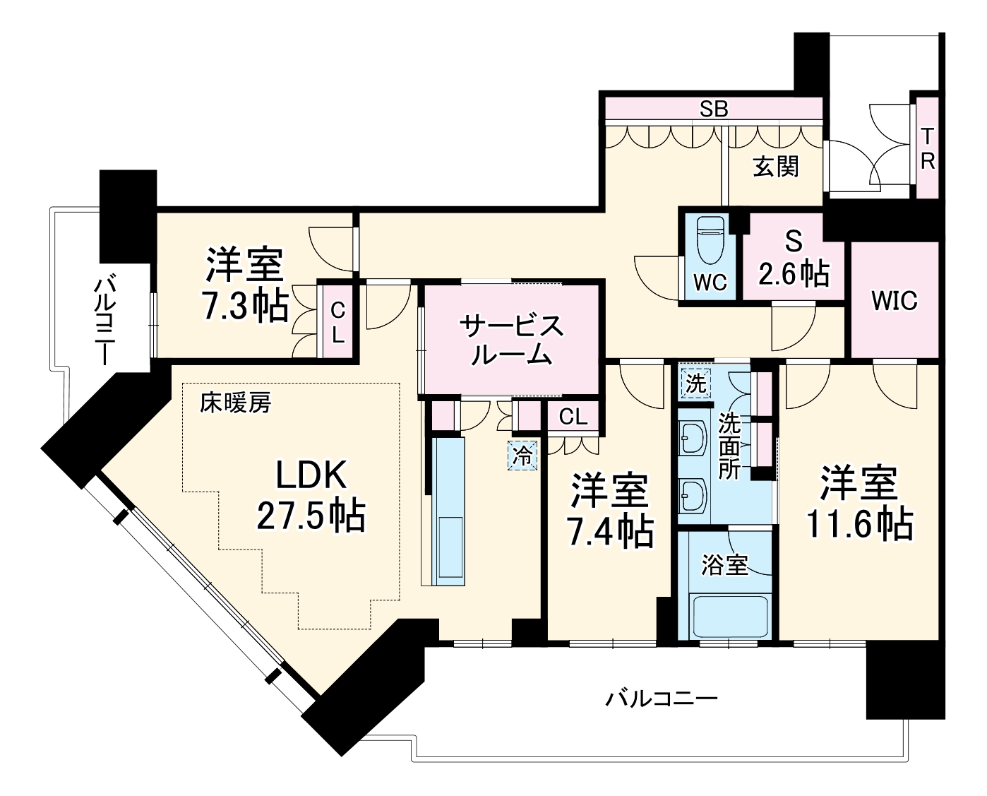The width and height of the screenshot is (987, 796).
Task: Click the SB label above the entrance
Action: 713,109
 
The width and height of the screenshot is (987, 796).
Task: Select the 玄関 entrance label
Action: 775,167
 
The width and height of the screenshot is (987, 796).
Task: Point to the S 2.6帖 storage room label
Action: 794,259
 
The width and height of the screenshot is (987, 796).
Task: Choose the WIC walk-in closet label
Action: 895,300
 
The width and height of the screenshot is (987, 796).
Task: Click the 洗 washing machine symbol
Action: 695,384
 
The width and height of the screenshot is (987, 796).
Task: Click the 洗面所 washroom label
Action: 730,446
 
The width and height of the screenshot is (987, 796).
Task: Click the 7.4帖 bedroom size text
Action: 611,533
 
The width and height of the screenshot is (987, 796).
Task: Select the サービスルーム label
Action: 511,340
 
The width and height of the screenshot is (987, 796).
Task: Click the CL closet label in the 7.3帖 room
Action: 338,321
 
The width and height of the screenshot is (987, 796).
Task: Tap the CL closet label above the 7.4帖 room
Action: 573,417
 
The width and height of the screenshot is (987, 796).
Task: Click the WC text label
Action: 710,282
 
